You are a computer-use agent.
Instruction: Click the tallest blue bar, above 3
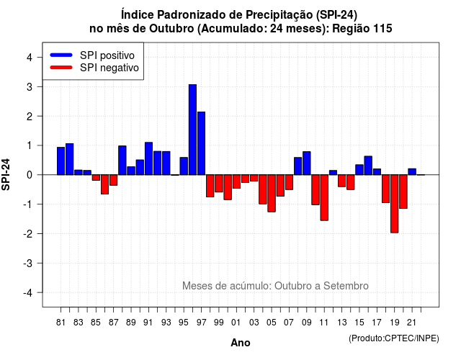(x=192, y=130)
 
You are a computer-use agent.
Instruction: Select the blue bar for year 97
(x=202, y=143)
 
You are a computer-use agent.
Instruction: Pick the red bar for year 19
(x=394, y=204)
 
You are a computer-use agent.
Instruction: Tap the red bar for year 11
(x=324, y=197)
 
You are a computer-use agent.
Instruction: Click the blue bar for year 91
(x=148, y=158)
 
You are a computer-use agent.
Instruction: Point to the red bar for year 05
(x=272, y=194)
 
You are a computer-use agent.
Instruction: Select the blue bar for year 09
(x=307, y=163)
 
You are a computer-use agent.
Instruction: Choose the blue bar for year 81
(x=61, y=161)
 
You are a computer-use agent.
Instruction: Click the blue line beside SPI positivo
(x=61, y=55)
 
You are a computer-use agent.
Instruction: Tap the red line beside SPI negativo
(x=61, y=68)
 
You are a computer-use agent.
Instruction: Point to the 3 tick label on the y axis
(x=30, y=86)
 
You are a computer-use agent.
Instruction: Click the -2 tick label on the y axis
(x=27, y=233)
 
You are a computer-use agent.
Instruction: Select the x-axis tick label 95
(x=184, y=323)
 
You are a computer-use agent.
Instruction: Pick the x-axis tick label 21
(x=411, y=323)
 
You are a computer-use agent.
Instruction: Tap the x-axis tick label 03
(x=254, y=323)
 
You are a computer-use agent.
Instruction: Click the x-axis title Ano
(x=241, y=343)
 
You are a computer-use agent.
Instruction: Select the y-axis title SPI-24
(x=6, y=174)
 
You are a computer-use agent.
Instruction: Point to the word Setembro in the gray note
(x=346, y=286)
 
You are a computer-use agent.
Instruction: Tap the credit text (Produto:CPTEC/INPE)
(x=394, y=338)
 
